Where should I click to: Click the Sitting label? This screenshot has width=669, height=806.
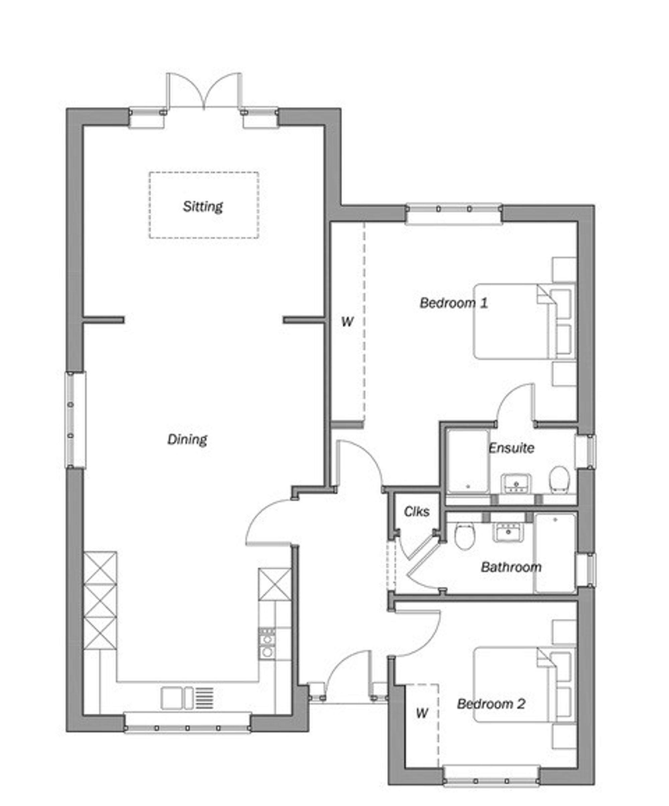[x=203, y=207]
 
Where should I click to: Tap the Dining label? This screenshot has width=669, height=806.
[x=187, y=439]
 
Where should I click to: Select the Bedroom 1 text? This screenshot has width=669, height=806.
[x=454, y=303]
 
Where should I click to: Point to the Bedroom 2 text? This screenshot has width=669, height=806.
[x=491, y=704]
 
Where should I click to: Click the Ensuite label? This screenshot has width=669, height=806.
[x=511, y=448]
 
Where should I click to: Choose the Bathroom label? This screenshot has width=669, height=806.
[x=511, y=567]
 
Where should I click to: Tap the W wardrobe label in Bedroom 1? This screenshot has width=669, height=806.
[x=347, y=322]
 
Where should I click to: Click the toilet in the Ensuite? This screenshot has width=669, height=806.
[x=559, y=479]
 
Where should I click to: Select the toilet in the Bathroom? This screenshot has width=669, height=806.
[x=465, y=536]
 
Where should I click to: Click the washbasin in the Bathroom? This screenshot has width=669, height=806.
[x=508, y=532]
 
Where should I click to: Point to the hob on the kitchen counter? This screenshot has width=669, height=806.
[x=267, y=644]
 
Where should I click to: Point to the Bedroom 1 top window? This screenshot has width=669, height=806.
[x=454, y=209]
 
